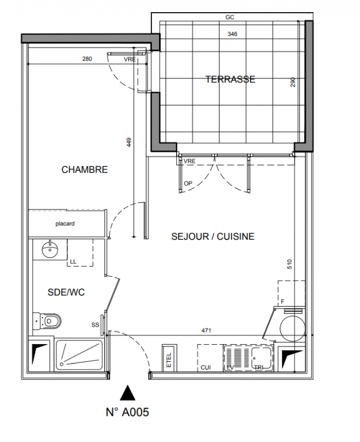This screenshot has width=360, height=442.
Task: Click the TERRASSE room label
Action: (230, 79)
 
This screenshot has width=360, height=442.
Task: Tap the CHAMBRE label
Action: (84, 170)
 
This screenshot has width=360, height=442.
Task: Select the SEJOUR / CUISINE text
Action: (213, 236)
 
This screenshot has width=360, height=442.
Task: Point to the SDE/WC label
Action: (66, 292)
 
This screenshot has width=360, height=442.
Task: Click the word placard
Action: (65, 224)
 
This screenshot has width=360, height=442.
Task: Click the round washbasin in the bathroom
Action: (50, 249)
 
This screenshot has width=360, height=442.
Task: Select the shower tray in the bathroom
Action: (79, 355)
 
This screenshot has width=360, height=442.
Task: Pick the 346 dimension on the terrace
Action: (232, 34)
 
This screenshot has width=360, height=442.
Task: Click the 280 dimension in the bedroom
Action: (87, 59)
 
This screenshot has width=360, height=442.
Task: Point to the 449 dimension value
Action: (129, 142)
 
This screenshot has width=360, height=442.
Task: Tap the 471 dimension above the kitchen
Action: (206, 330)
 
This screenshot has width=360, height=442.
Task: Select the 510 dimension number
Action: (289, 264)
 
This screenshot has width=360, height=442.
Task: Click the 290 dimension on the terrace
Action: (293, 82)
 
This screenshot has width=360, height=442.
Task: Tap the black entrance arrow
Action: (128, 393)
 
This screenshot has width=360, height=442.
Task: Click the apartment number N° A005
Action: (128, 412)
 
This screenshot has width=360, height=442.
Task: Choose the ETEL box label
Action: (169, 360)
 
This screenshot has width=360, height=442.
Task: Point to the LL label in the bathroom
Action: (73, 261)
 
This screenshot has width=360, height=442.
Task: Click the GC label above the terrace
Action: (230, 18)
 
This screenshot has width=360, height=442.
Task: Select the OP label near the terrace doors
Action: (188, 183)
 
